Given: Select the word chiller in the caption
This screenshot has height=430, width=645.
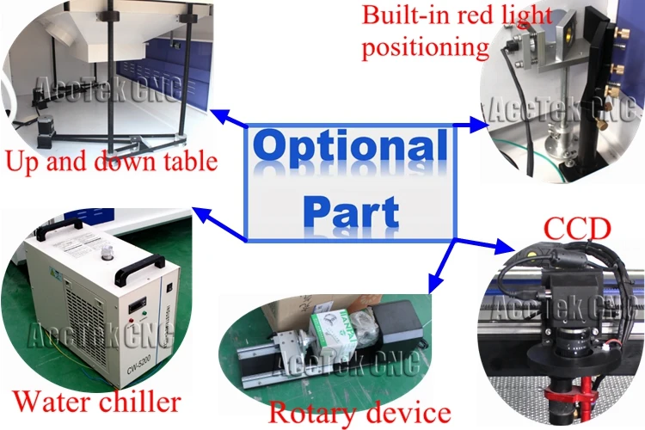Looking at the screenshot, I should pos(138,401).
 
